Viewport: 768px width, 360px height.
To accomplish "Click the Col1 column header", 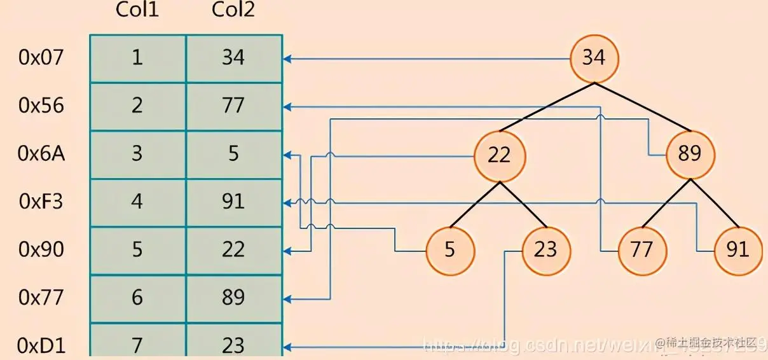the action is click(x=137, y=10).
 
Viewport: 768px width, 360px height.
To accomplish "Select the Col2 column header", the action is click(x=233, y=10).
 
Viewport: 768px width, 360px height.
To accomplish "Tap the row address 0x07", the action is click(x=41, y=58).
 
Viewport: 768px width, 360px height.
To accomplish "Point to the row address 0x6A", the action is click(x=41, y=154).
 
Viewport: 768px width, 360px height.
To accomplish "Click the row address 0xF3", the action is click(x=41, y=202).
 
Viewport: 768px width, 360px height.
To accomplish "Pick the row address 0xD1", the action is click(x=41, y=345).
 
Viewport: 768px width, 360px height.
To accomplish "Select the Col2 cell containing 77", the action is click(x=233, y=106).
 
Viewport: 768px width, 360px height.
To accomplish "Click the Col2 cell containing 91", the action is click(x=233, y=202).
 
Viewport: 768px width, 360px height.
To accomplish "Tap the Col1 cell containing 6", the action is click(x=137, y=297).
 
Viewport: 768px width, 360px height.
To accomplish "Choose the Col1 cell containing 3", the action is click(x=137, y=154).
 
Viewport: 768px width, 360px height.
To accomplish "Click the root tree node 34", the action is click(x=594, y=58).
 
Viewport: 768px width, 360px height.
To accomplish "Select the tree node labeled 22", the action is click(x=499, y=155).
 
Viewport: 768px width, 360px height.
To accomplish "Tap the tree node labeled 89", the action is click(x=690, y=155).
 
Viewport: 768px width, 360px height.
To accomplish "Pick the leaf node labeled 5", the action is click(x=450, y=249).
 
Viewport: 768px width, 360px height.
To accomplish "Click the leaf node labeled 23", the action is click(x=545, y=249).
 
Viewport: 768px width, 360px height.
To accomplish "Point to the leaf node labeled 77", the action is click(x=642, y=249).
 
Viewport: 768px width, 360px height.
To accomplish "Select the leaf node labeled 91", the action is click(x=737, y=249).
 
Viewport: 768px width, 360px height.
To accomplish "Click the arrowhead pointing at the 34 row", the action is click(x=287, y=59).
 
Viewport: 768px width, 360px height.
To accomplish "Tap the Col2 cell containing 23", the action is click(x=233, y=344).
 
